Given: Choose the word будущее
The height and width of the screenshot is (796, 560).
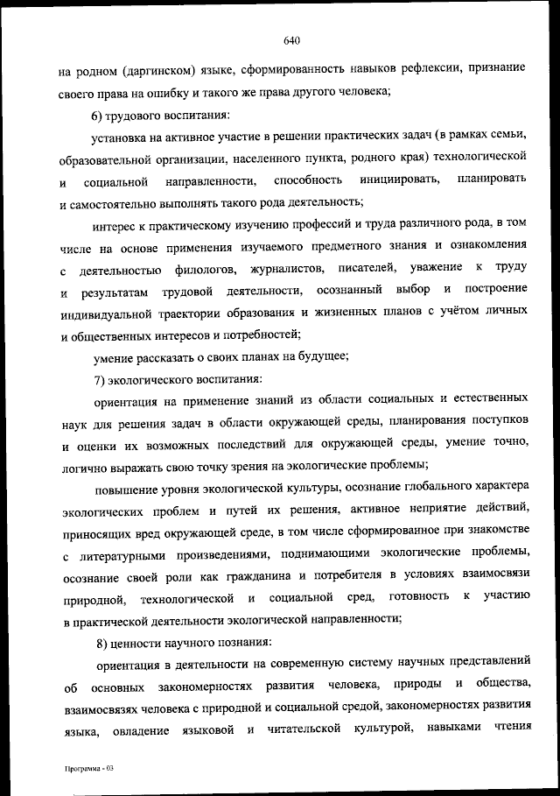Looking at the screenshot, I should [x=324, y=356].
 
